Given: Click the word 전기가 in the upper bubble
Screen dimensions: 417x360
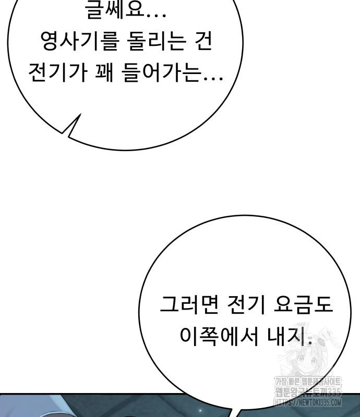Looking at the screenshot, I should point(57,76).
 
